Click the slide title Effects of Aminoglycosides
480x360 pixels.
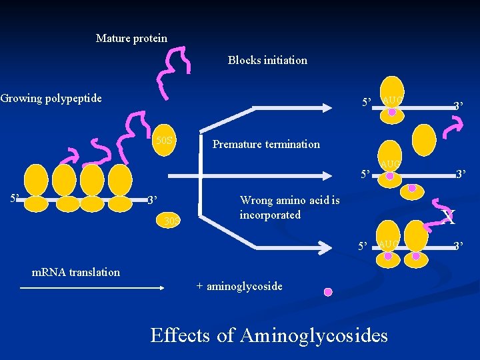269,334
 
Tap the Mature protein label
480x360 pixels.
131,38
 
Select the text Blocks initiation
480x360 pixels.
267,60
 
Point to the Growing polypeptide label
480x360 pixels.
51,99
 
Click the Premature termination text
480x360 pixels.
265,144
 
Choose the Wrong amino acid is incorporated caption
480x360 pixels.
289,207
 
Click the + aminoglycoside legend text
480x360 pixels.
239,286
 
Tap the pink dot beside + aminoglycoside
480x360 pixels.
327,292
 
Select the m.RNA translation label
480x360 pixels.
76,271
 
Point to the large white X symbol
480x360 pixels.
449,215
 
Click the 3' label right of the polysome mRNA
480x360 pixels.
152,199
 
